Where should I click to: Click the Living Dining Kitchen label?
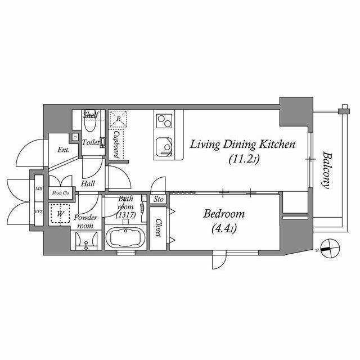point(242,145)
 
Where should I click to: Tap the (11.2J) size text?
point(243,160)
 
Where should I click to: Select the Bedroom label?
point(223,214)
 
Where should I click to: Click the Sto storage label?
point(159,199)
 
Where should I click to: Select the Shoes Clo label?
point(60,193)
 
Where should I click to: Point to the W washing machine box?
point(58,214)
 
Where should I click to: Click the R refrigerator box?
point(118,119)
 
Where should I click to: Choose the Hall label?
point(88,183)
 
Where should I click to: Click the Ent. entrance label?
point(63,150)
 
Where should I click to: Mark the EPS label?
point(38,211)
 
